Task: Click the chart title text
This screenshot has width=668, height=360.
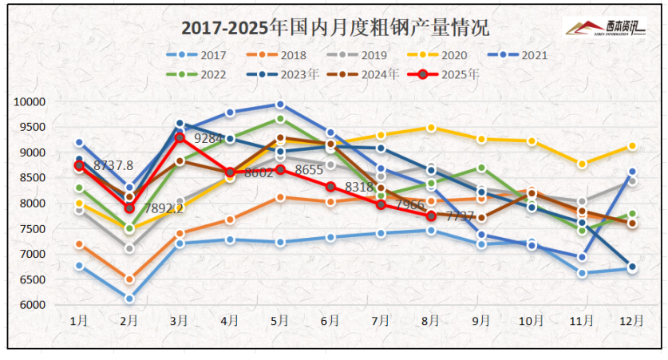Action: click(x=334, y=28)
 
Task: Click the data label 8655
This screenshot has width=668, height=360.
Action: click(x=309, y=170)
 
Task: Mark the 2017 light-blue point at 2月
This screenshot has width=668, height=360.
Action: click(x=129, y=299)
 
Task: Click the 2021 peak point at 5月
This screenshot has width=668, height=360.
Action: click(x=280, y=105)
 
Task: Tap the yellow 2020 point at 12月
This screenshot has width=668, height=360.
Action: click(x=632, y=146)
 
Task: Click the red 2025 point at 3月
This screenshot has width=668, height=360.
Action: click(x=180, y=138)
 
